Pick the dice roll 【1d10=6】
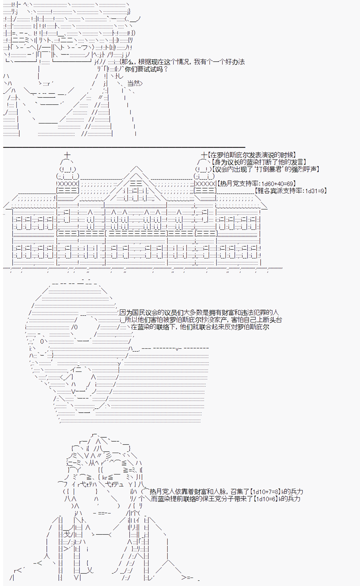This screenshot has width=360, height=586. click(x=265, y=499)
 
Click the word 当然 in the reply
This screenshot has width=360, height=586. click(x=134, y=83)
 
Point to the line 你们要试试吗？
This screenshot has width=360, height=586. click(x=146, y=69)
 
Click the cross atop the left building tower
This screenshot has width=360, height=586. click(x=67, y=154)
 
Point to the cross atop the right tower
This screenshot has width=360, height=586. click(x=204, y=154)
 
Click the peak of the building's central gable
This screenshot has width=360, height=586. click(x=136, y=166)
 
